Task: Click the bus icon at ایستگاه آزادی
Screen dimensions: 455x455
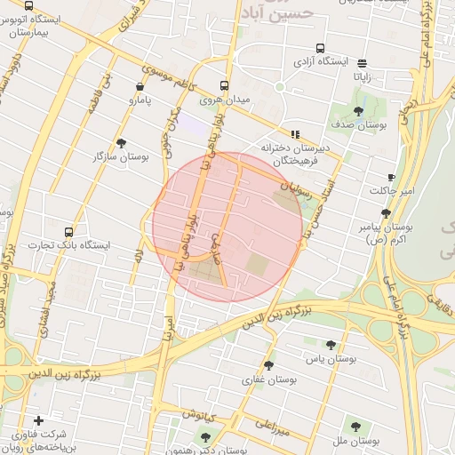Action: coord(320,49)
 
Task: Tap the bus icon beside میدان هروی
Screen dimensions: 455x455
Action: coord(224,86)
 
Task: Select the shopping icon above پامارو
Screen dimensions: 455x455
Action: coord(140,86)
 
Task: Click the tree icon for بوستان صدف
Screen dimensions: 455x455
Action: coord(358,112)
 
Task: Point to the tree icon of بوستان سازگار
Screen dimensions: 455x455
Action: coord(121,142)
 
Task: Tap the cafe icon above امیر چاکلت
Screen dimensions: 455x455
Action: coord(391,178)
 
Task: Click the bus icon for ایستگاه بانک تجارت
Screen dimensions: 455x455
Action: coord(69,231)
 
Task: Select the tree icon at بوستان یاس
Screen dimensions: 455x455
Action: coord(331,345)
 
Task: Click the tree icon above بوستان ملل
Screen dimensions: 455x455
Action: coord(355,427)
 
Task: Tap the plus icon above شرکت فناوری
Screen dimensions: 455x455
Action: coord(37,420)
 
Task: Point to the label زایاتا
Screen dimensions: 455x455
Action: coord(363,76)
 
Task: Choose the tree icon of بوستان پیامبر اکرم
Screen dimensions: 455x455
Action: coord(386,213)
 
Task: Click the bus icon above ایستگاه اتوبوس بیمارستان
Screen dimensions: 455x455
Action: coord(28,7)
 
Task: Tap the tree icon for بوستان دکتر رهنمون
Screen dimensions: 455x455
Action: coord(207,436)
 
